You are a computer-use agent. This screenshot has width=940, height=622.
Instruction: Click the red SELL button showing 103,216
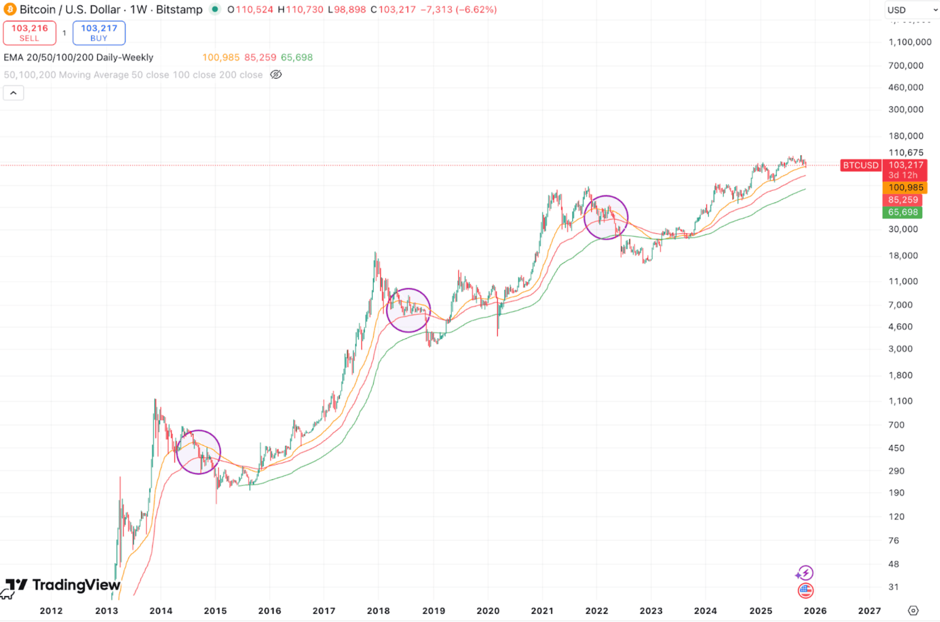pos(29,33)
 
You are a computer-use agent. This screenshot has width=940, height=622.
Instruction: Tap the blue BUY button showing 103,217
pos(99,33)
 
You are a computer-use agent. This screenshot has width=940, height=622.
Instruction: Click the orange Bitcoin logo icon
pos(10,9)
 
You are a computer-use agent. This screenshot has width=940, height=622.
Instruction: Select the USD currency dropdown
pos(912,10)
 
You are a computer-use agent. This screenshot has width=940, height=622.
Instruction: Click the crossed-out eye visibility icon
pos(276,75)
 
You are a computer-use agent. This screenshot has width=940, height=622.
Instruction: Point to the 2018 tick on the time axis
pos(378,611)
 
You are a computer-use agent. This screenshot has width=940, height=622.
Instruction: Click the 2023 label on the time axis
pos(651,611)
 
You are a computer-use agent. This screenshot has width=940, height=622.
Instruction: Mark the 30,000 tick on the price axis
pos(903,229)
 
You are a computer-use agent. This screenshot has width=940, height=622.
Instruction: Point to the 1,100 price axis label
pos(900,401)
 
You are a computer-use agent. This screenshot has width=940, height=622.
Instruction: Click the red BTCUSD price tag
pos(860,165)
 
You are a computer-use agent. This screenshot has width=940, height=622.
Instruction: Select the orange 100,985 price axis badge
pos(905,187)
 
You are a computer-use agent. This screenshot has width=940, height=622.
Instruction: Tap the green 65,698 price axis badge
pos(902,212)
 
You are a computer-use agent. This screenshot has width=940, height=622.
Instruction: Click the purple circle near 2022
pos(605,218)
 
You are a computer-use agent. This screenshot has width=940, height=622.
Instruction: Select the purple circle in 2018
pos(408,310)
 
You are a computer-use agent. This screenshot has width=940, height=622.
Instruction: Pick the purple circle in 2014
pos(198,452)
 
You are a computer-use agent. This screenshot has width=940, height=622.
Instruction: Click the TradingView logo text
pos(76,585)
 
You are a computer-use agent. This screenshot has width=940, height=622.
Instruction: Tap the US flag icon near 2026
pos(805,591)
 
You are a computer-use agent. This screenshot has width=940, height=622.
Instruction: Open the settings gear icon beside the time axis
pos(913,610)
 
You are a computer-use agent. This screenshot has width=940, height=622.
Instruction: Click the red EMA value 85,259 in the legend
pos(260,57)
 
